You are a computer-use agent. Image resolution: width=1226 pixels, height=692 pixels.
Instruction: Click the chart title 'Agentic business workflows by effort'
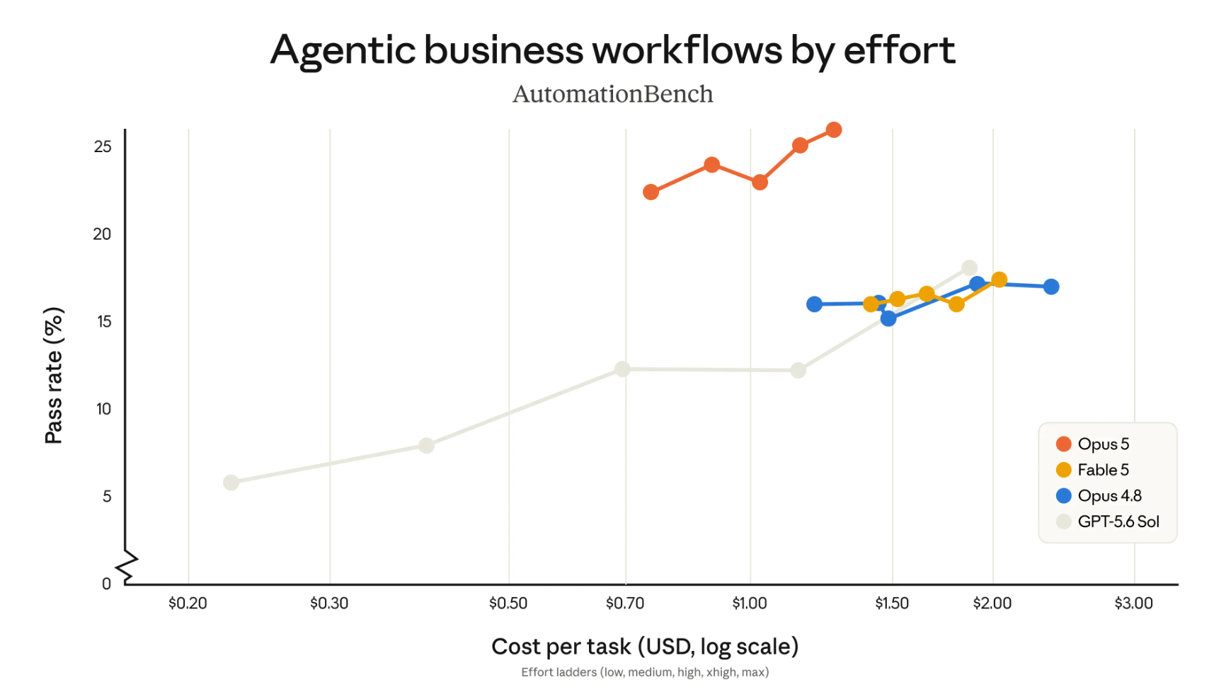pyautogui.click(x=612, y=50)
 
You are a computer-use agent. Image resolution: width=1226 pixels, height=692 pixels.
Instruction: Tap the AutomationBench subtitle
pyautogui.click(x=612, y=94)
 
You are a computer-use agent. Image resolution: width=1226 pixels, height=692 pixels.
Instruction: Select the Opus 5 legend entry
pyautogui.click(x=1092, y=444)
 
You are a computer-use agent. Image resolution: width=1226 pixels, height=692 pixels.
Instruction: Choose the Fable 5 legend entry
pyautogui.click(x=1092, y=470)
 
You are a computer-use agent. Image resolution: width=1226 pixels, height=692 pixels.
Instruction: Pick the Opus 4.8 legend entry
pyautogui.click(x=1099, y=495)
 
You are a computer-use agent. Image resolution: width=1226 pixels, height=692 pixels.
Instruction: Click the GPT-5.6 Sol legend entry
pyautogui.click(x=1108, y=521)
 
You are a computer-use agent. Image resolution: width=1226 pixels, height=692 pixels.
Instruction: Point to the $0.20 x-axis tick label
pyautogui.click(x=188, y=604)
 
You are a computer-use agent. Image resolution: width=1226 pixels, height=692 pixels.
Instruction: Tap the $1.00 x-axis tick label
pyautogui.click(x=750, y=604)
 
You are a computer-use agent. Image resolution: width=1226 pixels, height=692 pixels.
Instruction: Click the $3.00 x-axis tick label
pyautogui.click(x=1134, y=604)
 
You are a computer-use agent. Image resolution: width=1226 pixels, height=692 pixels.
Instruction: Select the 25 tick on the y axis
pyautogui.click(x=103, y=146)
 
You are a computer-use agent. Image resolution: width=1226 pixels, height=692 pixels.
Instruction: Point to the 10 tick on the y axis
pyautogui.click(x=103, y=409)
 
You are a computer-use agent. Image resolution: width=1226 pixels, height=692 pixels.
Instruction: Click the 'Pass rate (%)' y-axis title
pyautogui.click(x=54, y=376)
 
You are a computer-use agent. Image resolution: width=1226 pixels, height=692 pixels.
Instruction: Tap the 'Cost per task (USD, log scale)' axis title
pyautogui.click(x=645, y=646)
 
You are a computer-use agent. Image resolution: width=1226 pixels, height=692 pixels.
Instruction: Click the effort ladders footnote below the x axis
pyautogui.click(x=645, y=672)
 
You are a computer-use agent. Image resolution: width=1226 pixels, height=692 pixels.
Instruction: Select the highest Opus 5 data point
pyautogui.click(x=834, y=130)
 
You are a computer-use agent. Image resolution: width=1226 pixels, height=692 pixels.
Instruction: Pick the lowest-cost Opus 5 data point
pyautogui.click(x=651, y=192)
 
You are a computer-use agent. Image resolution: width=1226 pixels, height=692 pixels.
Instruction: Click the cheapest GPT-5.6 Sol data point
pyautogui.click(x=231, y=483)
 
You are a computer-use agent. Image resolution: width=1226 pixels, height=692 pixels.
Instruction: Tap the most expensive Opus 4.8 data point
pyautogui.click(x=1051, y=287)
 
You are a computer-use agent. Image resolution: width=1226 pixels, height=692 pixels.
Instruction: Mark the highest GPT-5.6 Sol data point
pyautogui.click(x=970, y=268)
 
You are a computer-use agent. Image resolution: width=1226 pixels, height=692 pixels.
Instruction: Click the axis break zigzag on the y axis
pyautogui.click(x=127, y=567)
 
